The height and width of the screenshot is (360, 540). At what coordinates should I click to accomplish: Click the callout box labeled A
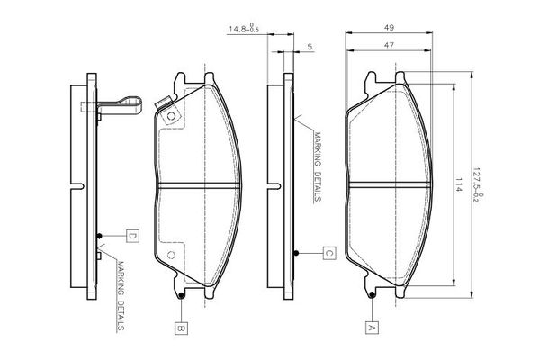click(x=371, y=328)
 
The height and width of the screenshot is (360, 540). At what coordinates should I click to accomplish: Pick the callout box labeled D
click(x=131, y=236)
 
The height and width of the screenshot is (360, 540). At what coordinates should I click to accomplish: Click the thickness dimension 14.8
click(x=241, y=30)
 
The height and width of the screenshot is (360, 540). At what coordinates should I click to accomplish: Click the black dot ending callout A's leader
click(x=371, y=294)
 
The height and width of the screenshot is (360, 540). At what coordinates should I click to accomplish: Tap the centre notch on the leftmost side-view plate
click(x=81, y=186)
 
